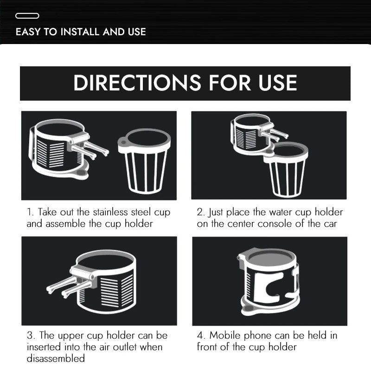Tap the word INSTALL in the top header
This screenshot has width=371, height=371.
click(80, 32)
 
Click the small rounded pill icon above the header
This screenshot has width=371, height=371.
click(27, 16)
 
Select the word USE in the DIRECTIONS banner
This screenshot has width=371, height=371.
click(277, 83)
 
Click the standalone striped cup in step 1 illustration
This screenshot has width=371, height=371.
click(144, 161)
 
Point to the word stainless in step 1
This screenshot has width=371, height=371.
click(110, 212)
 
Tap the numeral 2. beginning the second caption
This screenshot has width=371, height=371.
click(201, 212)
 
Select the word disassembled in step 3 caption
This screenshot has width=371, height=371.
click(56, 358)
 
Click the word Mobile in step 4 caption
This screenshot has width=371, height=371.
click(225, 335)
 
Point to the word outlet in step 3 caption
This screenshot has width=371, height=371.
click(125, 347)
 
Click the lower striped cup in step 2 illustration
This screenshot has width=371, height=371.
click(286, 169)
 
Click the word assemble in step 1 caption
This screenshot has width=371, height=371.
click(65, 224)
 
